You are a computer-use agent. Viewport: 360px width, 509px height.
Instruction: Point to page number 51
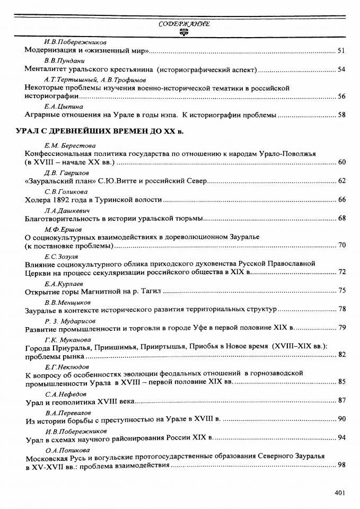(x=341, y=51)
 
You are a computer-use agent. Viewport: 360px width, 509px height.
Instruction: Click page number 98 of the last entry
(x=341, y=465)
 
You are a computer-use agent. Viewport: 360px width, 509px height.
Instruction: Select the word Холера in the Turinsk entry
(x=38, y=200)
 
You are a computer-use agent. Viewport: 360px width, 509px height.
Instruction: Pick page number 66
(x=341, y=200)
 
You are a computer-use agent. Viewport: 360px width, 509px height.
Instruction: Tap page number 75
(x=341, y=291)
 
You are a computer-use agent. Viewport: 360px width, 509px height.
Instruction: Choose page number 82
(x=341, y=355)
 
